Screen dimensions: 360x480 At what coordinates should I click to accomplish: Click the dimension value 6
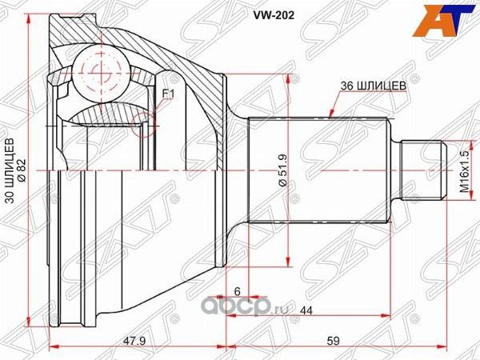pyautogui.click(x=238, y=293)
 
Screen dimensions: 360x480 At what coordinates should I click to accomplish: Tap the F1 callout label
pyautogui.click(x=168, y=94)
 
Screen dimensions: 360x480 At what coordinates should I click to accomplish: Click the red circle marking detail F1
pyautogui.click(x=145, y=122)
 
